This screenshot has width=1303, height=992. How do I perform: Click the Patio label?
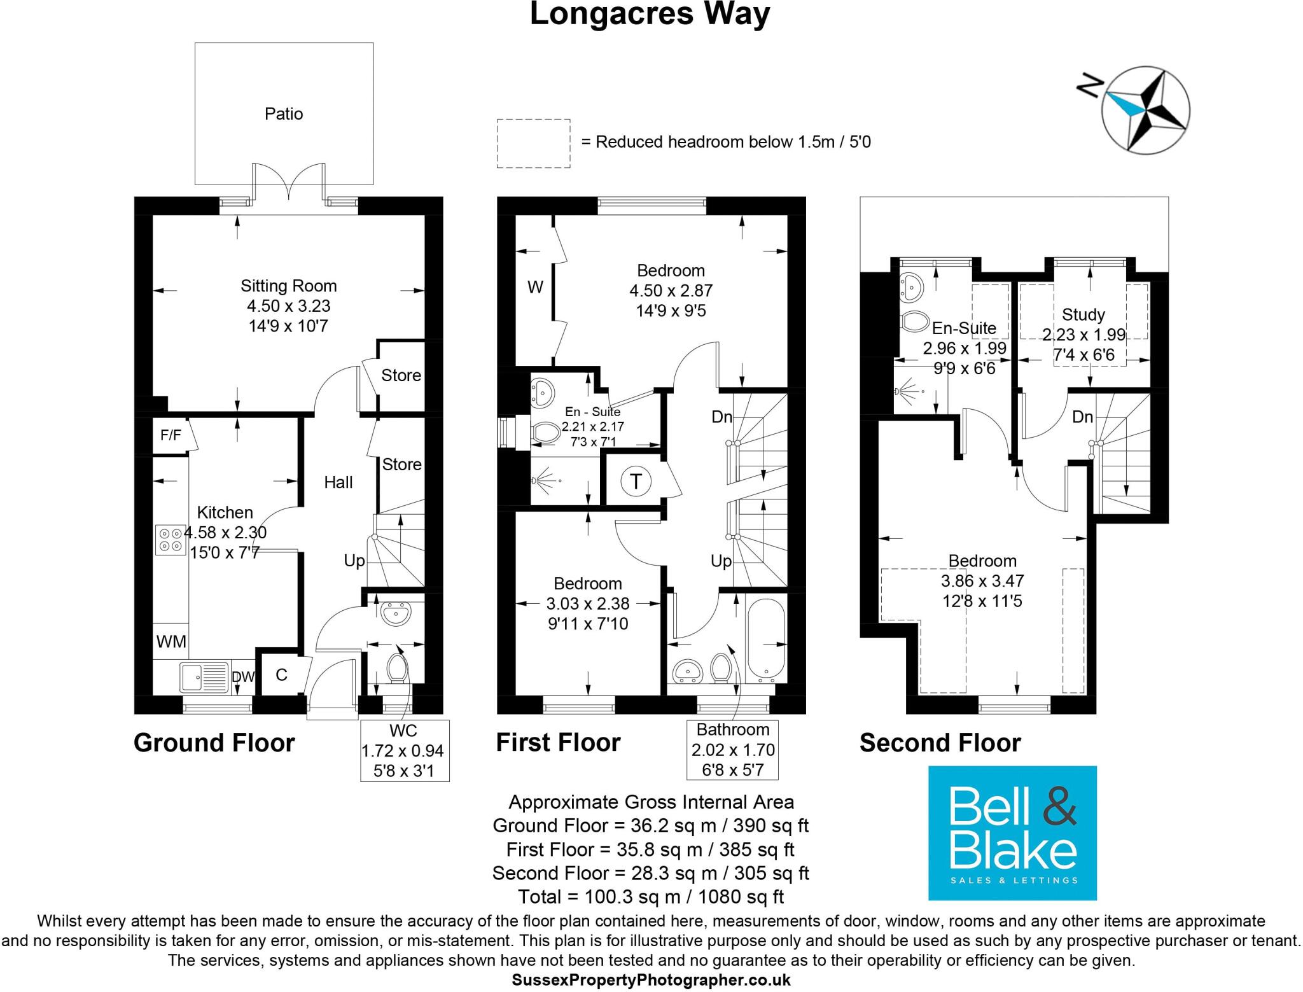click(284, 114)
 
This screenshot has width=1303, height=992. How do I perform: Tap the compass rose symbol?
click(1145, 109)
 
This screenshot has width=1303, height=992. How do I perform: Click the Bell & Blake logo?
click(1012, 832)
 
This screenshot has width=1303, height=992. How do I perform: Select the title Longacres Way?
click(650, 14)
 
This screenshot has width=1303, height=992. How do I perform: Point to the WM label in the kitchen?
click(171, 641)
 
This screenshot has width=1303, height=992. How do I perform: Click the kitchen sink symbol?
click(204, 677)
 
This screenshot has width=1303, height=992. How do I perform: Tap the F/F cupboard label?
click(171, 435)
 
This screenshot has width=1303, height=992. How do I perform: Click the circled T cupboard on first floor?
click(636, 481)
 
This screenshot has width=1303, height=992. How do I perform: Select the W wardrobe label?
click(535, 288)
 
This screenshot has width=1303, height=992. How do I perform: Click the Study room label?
click(1084, 314)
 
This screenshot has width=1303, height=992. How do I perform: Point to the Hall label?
click(338, 482)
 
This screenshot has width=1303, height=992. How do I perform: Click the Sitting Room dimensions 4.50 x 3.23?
click(289, 306)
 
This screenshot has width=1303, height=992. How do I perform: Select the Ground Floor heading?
click(214, 743)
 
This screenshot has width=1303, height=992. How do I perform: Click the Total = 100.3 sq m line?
click(650, 897)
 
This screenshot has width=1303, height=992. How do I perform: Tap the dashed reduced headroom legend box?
click(533, 143)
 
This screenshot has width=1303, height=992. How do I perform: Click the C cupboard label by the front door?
click(281, 674)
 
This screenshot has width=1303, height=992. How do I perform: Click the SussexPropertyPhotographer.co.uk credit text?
click(651, 980)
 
